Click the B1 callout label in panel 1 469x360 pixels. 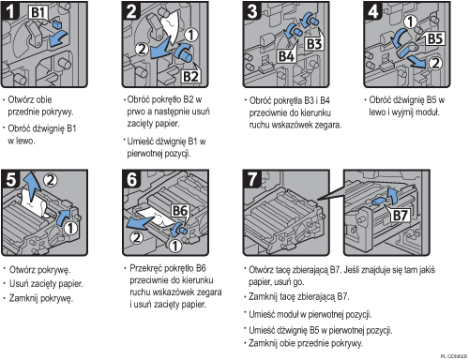pos(38,12)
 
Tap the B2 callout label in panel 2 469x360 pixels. pos(190,76)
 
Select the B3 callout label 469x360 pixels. pos(314,44)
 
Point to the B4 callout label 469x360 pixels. pos(286,56)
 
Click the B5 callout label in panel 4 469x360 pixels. pos(435,39)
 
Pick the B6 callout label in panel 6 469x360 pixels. pos(180,211)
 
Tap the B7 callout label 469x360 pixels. pos(400,216)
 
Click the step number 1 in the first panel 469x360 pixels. pos(10,11)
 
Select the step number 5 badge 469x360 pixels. pos(10,180)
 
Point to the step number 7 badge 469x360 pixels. pos(252,179)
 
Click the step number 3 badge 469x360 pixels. pos(252,11)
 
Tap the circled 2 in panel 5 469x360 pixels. pos(51,180)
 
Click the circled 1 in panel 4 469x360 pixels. pos(410,22)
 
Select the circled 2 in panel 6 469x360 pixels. pos(137,238)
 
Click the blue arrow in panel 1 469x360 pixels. pos(57,38)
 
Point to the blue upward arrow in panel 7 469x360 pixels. pos(392,196)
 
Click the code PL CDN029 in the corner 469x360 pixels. pos(454,356)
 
